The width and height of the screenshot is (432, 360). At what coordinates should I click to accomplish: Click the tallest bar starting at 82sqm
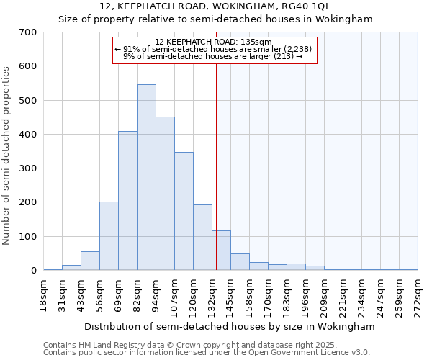click(146, 177)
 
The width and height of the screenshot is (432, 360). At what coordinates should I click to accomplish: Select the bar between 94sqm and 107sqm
click(165, 194)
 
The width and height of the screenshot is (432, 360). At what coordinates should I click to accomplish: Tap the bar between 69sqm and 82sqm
click(127, 201)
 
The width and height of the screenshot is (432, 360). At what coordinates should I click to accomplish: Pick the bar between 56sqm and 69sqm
click(109, 236)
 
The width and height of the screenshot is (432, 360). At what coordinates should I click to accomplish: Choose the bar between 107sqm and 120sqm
click(184, 211)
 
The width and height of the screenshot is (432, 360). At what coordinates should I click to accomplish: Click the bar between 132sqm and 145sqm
click(221, 251)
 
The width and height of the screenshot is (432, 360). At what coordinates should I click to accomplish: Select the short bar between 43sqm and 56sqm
click(90, 261)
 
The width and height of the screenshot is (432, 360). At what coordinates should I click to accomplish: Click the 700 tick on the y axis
click(28, 32)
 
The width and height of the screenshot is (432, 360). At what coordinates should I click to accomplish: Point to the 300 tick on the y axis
click(28, 168)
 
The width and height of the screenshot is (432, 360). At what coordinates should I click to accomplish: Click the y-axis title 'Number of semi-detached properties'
click(7, 156)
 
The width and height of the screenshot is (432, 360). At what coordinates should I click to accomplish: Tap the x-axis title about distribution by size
click(230, 326)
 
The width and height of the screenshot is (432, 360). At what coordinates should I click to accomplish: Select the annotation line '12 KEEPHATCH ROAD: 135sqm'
click(214, 42)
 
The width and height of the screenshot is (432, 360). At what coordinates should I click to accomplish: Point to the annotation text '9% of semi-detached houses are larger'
click(213, 55)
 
